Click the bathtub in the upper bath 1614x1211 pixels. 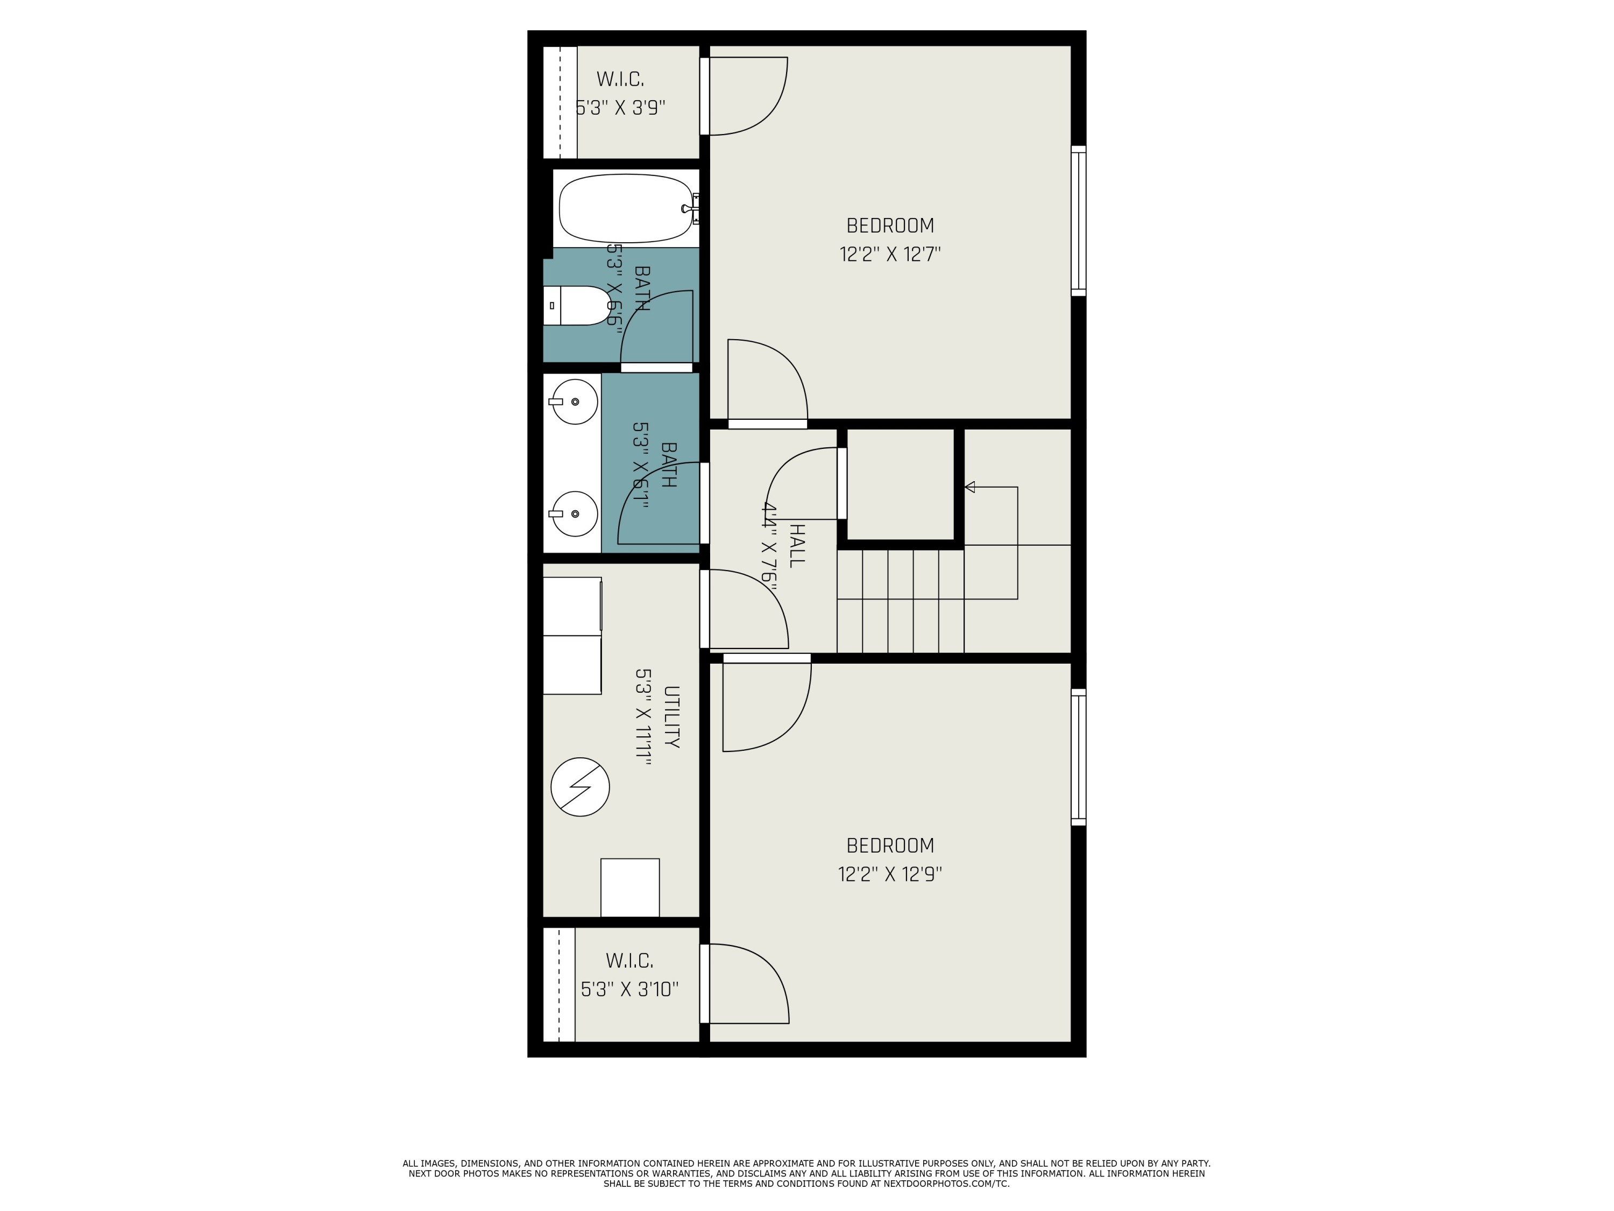[626, 208]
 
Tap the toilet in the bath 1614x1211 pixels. [576, 305]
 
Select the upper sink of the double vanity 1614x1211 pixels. [574, 402]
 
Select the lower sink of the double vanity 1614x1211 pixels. [574, 514]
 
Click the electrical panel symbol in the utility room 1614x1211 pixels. [580, 787]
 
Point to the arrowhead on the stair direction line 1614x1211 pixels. [969, 487]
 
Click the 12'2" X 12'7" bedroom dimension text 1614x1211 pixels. [890, 255]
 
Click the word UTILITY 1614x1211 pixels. [672, 717]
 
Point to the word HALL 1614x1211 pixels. [797, 545]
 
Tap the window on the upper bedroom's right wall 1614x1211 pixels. [1079, 221]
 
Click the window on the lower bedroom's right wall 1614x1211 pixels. [1079, 757]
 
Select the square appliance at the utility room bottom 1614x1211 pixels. [629, 888]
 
